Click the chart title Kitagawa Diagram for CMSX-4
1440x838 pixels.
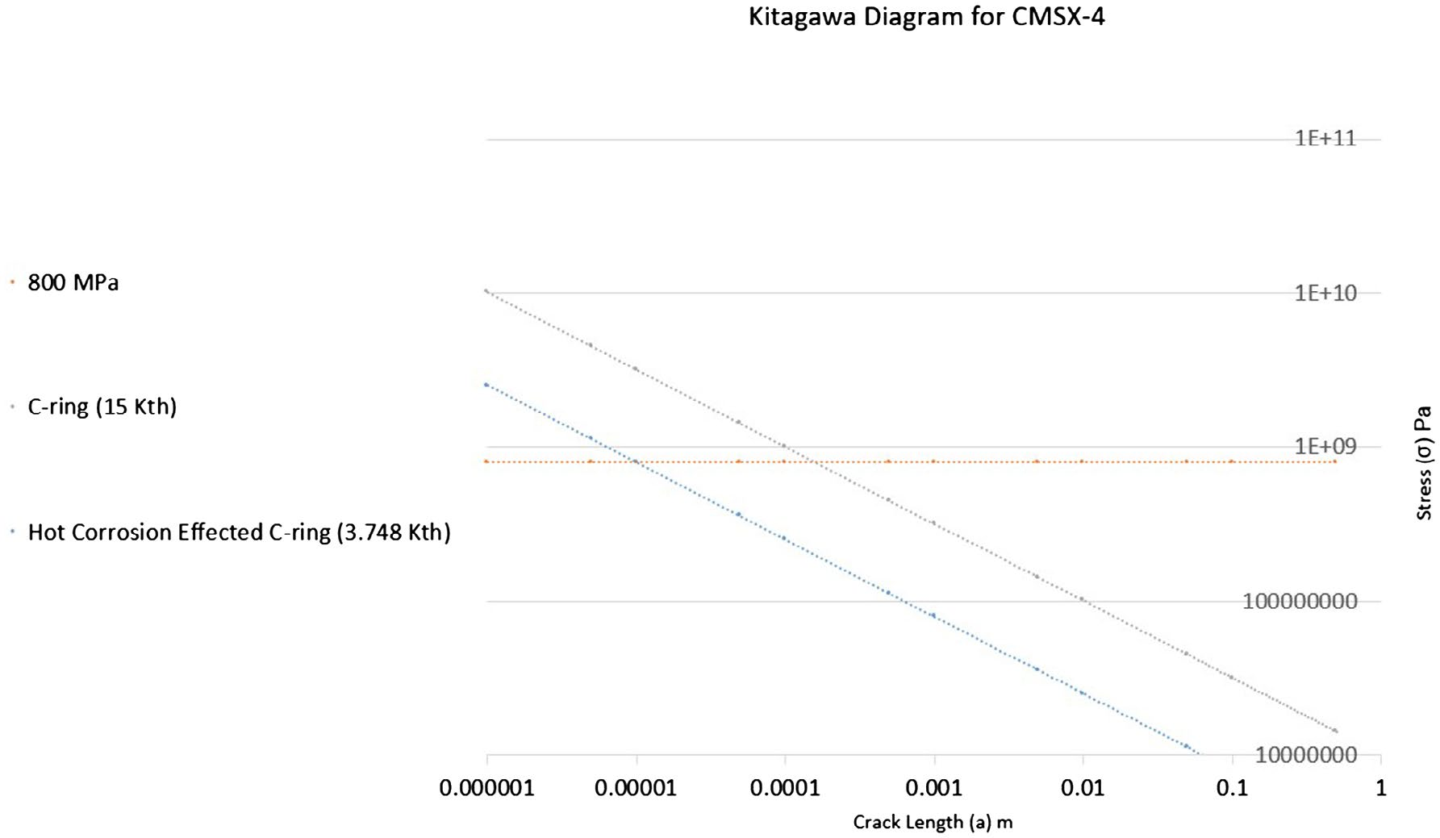tap(926, 17)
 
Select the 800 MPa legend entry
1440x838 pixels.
tap(73, 283)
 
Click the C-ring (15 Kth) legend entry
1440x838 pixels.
tap(102, 406)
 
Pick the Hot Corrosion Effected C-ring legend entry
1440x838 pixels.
tap(239, 532)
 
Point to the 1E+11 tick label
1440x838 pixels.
tap(1325, 139)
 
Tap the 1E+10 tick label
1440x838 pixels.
tap(1325, 293)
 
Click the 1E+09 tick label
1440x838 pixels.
tap(1325, 447)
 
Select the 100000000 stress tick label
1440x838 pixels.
tap(1300, 601)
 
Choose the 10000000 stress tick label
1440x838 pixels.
tap(1306, 755)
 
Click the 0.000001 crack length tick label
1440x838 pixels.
tap(486, 788)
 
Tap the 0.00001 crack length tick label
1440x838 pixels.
tap(636, 788)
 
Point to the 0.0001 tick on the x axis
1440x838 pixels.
tap(785, 788)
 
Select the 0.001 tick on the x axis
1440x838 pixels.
tap(933, 788)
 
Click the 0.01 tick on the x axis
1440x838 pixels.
tap(1082, 788)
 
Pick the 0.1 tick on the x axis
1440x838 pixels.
tap(1232, 788)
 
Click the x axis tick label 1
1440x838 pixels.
tap(1380, 788)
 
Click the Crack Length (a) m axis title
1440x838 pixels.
tap(933, 823)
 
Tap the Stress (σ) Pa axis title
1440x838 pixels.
tap(1424, 462)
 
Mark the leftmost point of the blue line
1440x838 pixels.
tap(486, 385)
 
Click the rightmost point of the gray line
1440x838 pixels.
tap(1335, 731)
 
